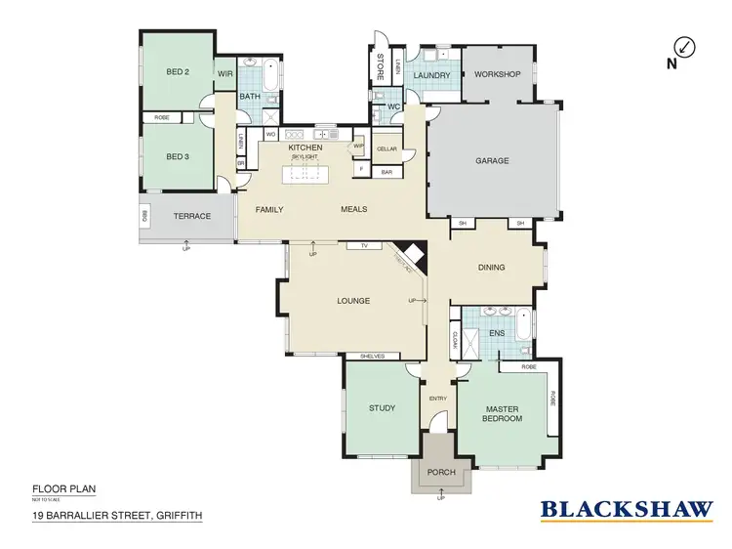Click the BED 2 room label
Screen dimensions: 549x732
(177, 72)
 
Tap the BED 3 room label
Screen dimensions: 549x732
(177, 156)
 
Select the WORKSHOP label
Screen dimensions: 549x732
(497, 75)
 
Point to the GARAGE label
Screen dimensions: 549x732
(492, 161)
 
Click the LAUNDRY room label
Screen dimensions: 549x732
(430, 75)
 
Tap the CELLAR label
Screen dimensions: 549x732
(386, 148)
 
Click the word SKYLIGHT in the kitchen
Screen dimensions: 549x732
(305, 157)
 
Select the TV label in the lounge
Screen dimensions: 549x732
(363, 245)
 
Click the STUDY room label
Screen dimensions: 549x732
(382, 408)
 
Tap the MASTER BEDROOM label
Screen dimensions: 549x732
(502, 413)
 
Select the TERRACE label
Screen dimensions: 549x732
(191, 216)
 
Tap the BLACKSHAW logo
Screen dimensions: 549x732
(627, 508)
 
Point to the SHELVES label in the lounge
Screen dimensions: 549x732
(374, 357)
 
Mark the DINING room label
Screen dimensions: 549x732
(491, 267)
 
